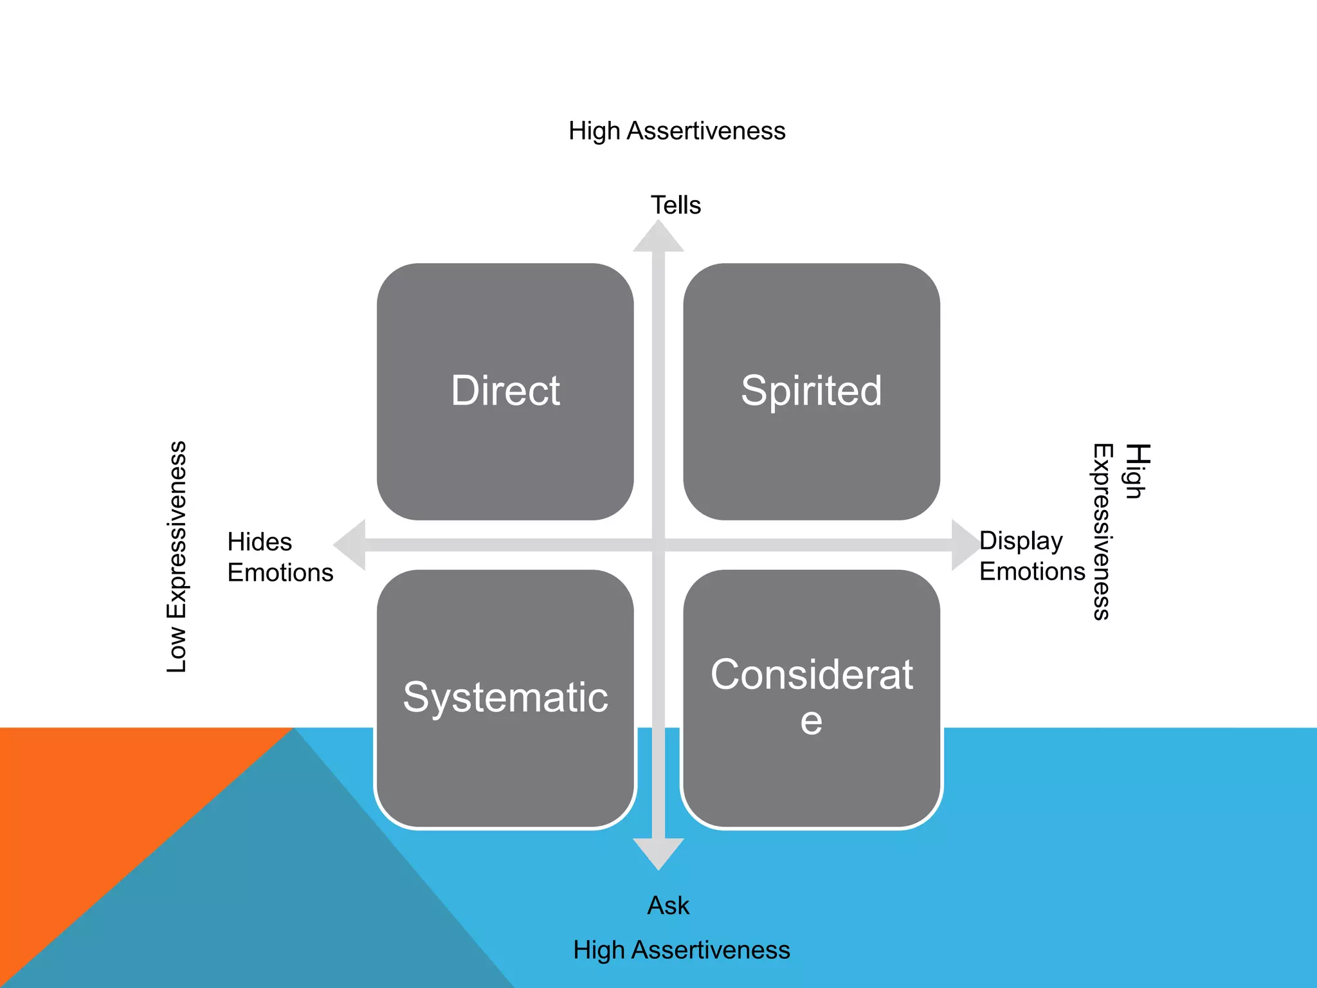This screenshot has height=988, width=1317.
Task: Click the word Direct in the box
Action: [x=505, y=390]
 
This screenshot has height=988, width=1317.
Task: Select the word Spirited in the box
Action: [x=811, y=390]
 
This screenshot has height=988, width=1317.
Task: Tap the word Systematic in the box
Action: [x=505, y=697]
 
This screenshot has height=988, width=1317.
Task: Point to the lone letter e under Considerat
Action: [x=811, y=722]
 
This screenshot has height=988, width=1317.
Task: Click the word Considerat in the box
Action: [x=812, y=675]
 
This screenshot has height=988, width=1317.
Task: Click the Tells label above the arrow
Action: [x=675, y=205]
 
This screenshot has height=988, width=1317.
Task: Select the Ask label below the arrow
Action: [x=668, y=906]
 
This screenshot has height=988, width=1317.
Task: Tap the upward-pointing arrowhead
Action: [x=658, y=237]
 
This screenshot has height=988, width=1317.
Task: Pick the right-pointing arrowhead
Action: [x=965, y=545]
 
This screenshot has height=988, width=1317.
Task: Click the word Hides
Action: [x=260, y=542]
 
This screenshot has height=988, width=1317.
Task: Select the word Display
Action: [x=1021, y=541]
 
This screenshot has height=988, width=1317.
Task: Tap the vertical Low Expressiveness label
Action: [x=176, y=557]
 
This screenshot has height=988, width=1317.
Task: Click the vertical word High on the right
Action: [x=1137, y=471]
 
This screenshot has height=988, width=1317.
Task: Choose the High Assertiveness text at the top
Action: [x=677, y=131]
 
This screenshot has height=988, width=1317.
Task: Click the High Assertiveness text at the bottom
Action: [x=681, y=950]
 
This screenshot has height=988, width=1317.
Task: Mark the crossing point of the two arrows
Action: [x=658, y=545]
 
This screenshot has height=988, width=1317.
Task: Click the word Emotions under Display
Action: [x=1031, y=571]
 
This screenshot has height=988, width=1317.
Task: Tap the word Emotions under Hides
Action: [x=280, y=572]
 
